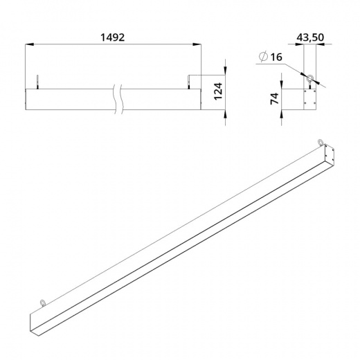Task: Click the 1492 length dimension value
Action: [x=113, y=37]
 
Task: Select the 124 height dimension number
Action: [x=218, y=91]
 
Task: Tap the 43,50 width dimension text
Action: [x=310, y=37]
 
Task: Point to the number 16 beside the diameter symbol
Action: [x=276, y=57]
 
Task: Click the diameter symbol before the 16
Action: [x=263, y=56]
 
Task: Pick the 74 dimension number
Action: [x=275, y=99]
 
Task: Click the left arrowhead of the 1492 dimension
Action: [x=30, y=44]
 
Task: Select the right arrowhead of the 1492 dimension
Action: [x=197, y=44]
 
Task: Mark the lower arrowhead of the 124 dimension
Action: [x=225, y=114]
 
